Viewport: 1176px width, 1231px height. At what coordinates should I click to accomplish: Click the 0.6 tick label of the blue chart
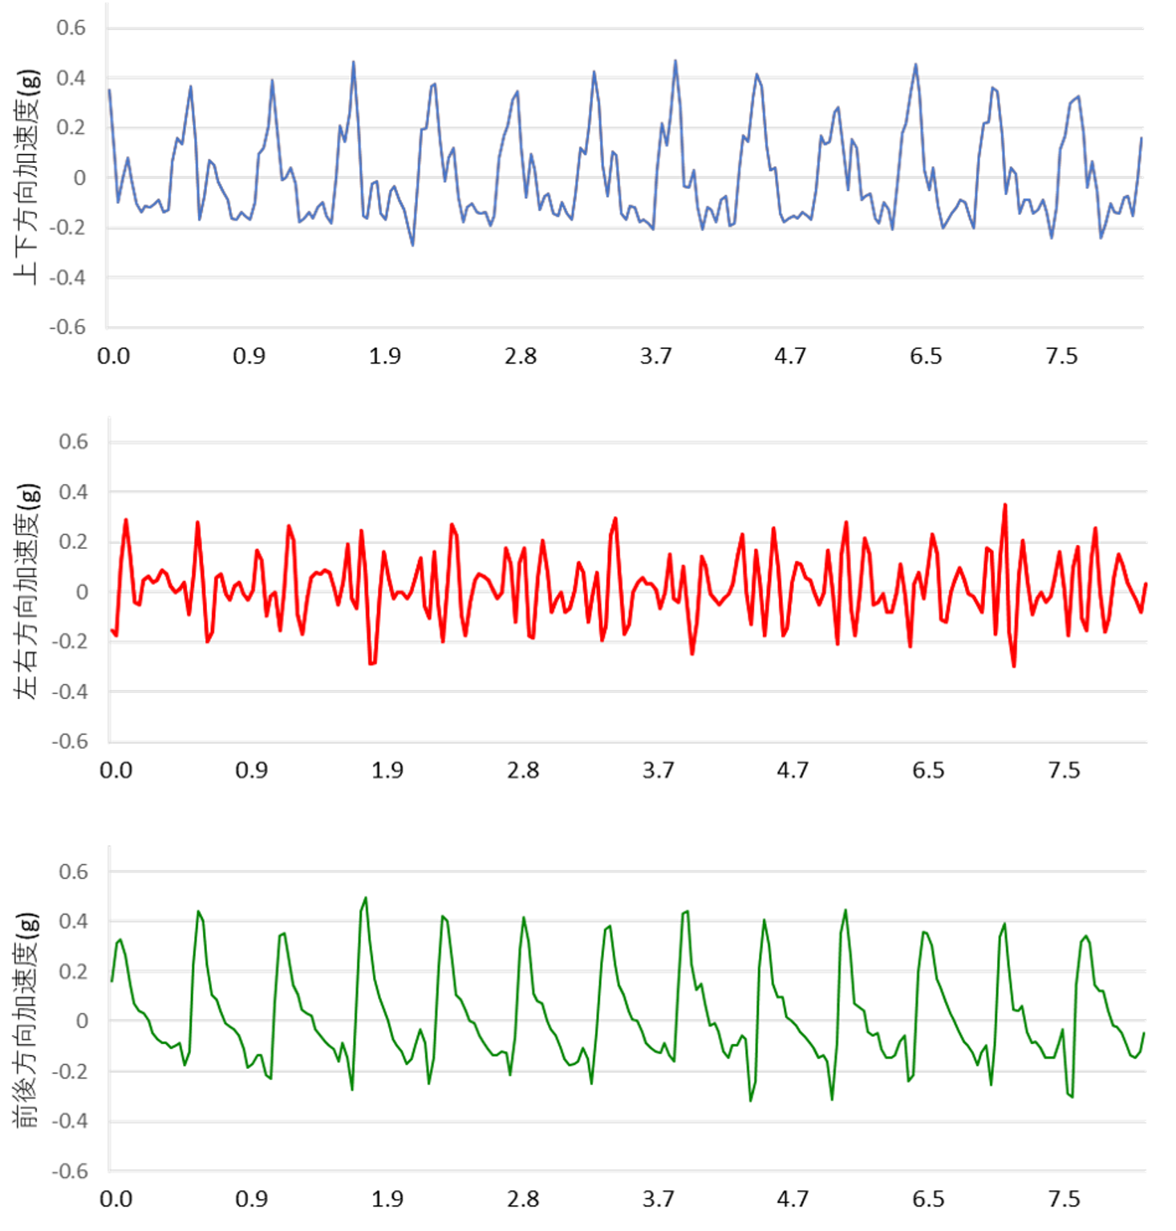click(x=71, y=28)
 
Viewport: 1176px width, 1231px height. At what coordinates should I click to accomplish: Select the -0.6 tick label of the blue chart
click(x=67, y=327)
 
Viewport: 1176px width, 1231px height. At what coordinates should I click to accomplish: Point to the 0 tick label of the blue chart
click(x=79, y=178)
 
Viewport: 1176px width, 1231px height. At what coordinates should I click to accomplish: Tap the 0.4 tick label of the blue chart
click(x=71, y=78)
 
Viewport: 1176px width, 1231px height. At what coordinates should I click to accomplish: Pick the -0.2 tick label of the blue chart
click(x=67, y=228)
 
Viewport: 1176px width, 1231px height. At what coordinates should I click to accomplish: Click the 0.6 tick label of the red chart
click(x=73, y=442)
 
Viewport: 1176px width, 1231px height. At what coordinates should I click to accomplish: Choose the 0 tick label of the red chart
click(x=81, y=592)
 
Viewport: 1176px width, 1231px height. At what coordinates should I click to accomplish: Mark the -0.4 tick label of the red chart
click(x=70, y=692)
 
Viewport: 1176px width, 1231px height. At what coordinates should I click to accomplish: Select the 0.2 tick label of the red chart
click(x=73, y=542)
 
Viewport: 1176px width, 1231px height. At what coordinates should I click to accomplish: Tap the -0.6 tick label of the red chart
click(x=70, y=741)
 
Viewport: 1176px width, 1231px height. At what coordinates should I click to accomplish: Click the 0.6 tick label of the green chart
click(x=73, y=871)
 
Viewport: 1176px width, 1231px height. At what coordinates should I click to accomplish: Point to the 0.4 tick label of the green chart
click(x=73, y=921)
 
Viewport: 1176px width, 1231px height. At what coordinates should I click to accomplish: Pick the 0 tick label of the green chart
click(x=81, y=1021)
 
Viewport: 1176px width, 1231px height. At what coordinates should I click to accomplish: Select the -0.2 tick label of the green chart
click(x=70, y=1071)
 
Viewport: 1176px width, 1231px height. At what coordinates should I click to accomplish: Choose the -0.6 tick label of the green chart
click(x=70, y=1172)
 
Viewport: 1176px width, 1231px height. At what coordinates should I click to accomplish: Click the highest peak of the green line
click(x=366, y=898)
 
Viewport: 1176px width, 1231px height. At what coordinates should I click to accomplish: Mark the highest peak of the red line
click(x=1004, y=505)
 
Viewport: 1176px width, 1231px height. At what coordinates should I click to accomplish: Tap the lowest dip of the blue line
click(x=412, y=246)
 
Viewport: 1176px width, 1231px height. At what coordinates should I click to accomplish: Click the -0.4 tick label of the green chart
click(x=70, y=1121)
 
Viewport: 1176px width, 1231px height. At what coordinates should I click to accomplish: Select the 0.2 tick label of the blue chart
click(x=71, y=128)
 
